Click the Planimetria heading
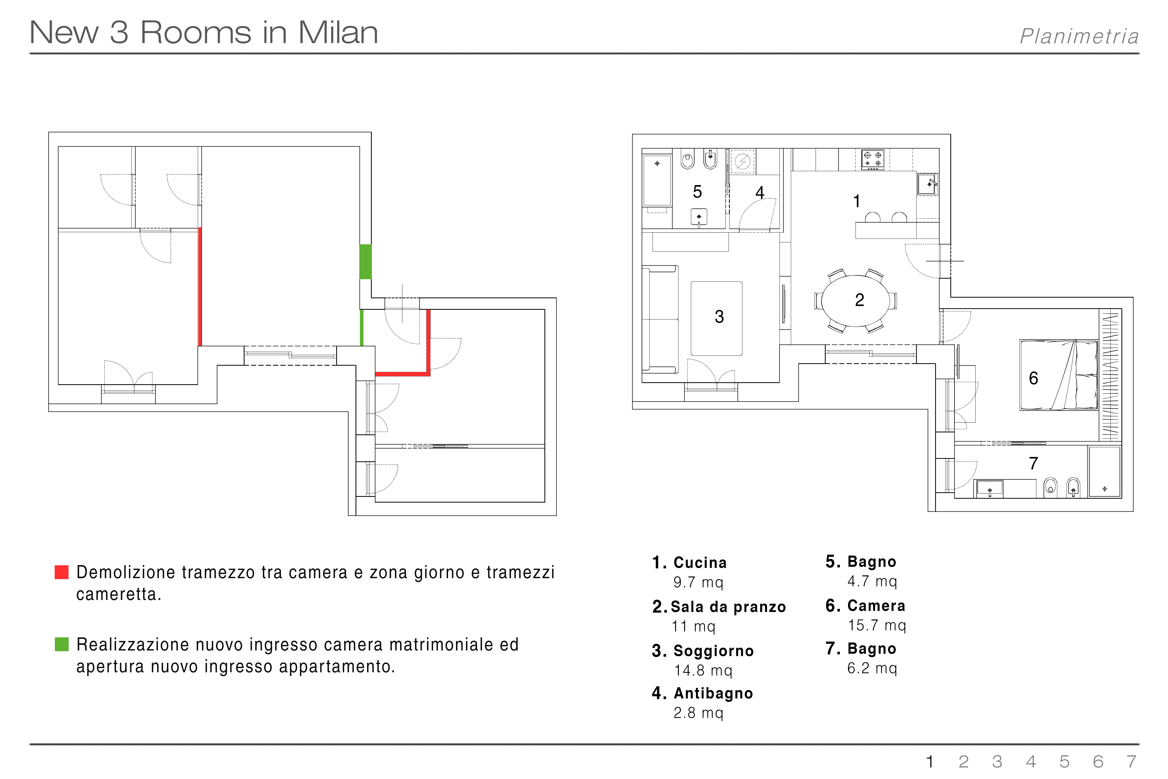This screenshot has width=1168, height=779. (1079, 36)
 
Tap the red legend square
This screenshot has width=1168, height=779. (62, 572)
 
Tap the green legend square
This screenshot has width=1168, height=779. (62, 644)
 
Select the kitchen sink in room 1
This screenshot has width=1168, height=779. (927, 184)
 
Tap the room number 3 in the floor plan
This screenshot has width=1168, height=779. (719, 316)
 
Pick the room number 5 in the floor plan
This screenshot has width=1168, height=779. (697, 192)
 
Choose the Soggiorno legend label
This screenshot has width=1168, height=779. (714, 651)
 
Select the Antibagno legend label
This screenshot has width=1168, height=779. (714, 693)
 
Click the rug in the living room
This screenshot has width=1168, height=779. (717, 318)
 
